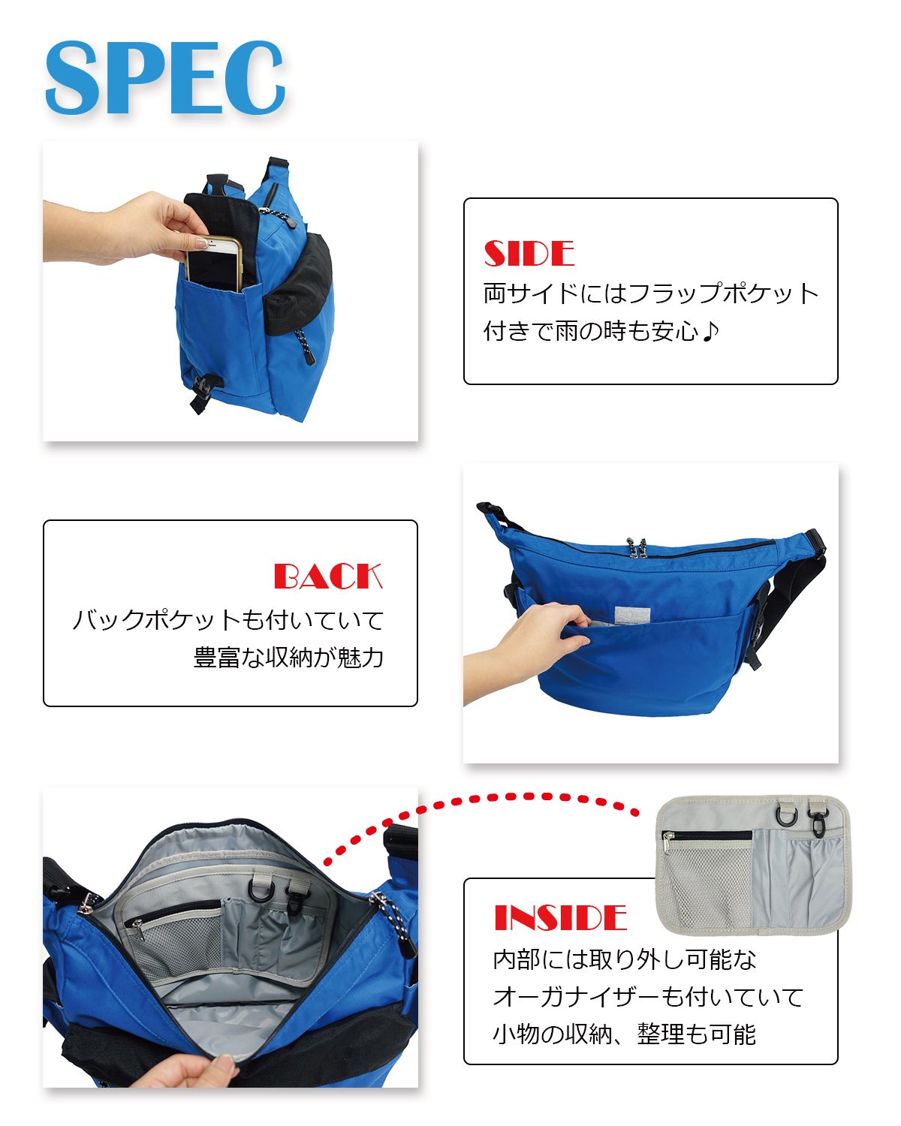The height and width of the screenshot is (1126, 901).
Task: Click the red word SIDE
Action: click(x=529, y=253)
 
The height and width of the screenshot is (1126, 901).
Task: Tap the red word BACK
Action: click(x=328, y=576)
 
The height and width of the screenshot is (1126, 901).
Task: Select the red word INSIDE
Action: click(x=560, y=918)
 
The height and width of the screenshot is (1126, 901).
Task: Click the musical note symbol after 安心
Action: click(x=710, y=331)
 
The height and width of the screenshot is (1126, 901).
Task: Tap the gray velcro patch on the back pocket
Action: click(x=632, y=616)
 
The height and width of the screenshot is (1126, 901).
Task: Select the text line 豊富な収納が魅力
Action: click(x=288, y=657)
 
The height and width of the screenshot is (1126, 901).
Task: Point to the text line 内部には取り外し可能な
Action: click(x=625, y=959)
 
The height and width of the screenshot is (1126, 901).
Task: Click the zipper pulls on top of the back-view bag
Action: click(x=637, y=548)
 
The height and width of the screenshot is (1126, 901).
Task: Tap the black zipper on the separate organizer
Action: click(x=707, y=835)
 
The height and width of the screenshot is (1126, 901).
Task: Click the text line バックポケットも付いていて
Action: click(x=228, y=619)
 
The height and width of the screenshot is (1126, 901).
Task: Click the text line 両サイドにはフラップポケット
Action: click(x=651, y=293)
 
